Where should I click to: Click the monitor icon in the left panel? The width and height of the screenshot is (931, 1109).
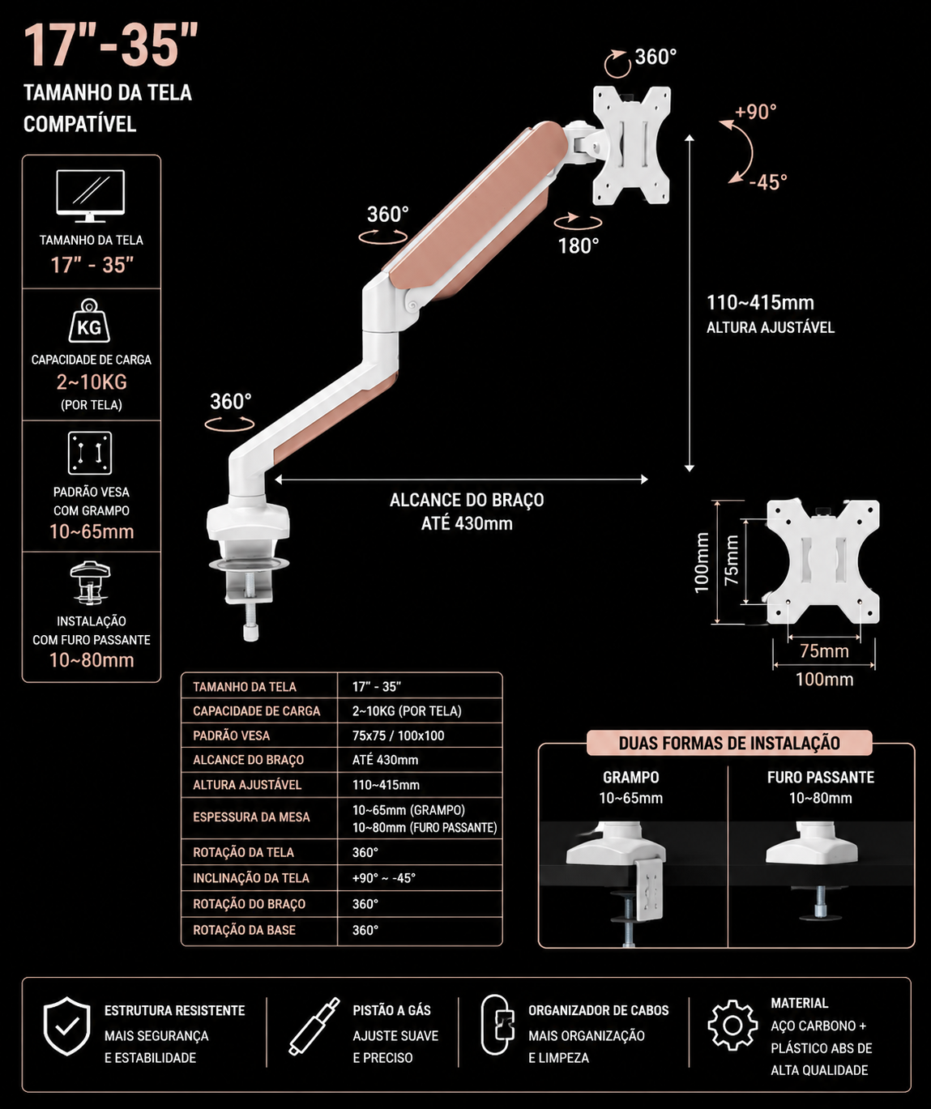click(90, 195)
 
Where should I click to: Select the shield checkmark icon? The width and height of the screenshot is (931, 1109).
click(66, 1026)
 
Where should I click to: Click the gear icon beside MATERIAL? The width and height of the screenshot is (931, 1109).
click(732, 1025)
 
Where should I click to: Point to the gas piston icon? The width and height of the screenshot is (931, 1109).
click(314, 1026)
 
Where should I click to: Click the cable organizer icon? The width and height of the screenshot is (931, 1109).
click(498, 1025)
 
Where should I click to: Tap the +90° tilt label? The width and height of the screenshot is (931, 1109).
click(756, 112)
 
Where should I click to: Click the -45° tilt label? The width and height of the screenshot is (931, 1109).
click(768, 182)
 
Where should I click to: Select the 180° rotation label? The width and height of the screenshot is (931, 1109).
click(579, 246)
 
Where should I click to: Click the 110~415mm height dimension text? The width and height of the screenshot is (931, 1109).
click(760, 303)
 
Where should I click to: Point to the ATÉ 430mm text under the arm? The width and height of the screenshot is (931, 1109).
click(467, 523)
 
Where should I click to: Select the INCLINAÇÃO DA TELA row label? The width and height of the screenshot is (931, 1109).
click(251, 878)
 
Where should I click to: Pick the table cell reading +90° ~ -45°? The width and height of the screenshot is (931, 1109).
click(384, 878)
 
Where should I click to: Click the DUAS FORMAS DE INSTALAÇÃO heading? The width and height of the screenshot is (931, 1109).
click(729, 743)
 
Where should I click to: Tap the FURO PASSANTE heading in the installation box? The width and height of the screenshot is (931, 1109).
click(821, 778)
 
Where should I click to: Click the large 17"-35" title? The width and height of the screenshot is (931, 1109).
click(110, 45)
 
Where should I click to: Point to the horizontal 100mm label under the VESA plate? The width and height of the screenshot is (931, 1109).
click(824, 680)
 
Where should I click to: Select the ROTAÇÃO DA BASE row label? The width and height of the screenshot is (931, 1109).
click(244, 930)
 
